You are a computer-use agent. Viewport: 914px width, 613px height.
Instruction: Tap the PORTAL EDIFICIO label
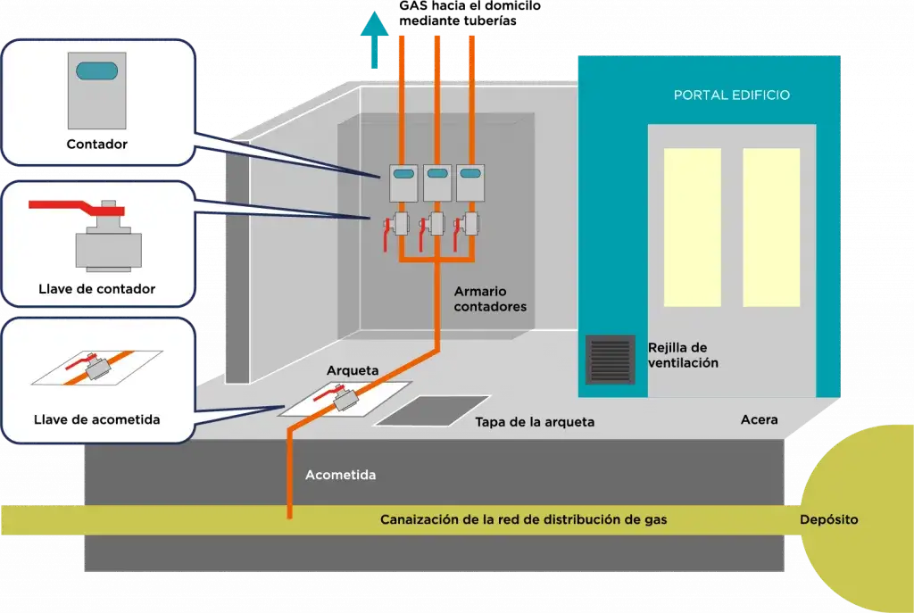(731, 95)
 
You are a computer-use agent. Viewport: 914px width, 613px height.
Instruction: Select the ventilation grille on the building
(610, 359)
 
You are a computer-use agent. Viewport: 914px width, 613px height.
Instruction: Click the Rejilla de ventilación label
(683, 355)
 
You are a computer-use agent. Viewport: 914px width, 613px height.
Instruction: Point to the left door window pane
(693, 228)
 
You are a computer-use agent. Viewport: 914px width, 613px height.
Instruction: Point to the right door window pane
(771, 228)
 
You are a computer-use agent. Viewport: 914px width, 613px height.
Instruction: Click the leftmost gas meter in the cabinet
(403, 182)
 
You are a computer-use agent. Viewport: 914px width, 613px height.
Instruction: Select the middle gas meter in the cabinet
(436, 182)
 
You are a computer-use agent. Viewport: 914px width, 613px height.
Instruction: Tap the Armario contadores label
(490, 299)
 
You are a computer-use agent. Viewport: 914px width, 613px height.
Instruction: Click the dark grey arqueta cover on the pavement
(431, 410)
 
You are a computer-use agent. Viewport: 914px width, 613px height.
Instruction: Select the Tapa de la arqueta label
(534, 422)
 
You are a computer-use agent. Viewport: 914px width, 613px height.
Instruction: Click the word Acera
(759, 419)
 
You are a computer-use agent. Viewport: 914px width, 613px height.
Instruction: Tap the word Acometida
(340, 475)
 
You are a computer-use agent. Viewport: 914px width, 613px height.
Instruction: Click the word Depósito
(828, 519)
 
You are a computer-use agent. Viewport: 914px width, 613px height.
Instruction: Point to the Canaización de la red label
(523, 519)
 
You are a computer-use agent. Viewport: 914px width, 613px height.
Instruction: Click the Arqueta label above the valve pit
(353, 370)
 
